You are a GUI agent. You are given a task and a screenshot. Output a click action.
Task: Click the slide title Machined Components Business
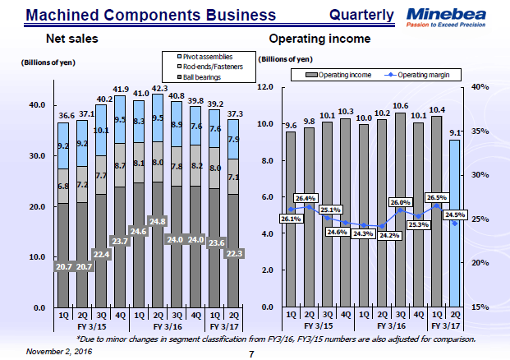click(140, 15)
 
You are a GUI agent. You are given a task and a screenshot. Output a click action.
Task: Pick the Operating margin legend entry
click(422, 75)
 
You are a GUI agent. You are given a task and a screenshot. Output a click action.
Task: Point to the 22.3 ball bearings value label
click(235, 253)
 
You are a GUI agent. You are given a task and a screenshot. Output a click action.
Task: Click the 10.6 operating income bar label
click(400, 106)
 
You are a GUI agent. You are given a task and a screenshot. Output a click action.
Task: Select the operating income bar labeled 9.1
click(455, 223)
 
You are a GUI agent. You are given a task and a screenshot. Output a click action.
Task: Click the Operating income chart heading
click(319, 39)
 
